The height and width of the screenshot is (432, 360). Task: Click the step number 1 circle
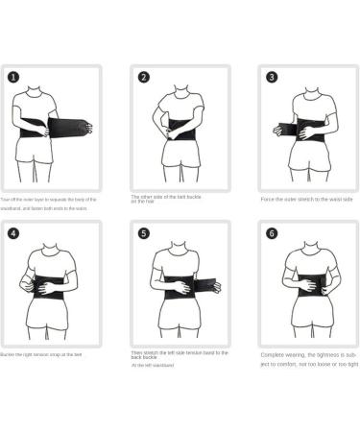tap(13, 76)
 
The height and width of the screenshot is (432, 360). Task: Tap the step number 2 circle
tap(143, 77)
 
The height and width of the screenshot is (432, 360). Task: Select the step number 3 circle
tap(272, 77)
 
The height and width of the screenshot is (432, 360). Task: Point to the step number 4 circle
tap(13, 232)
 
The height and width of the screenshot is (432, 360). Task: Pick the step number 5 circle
tap(143, 232)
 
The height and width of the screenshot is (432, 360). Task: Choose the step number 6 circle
tap(272, 232)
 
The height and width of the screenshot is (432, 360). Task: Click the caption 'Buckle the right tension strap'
tap(44, 354)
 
